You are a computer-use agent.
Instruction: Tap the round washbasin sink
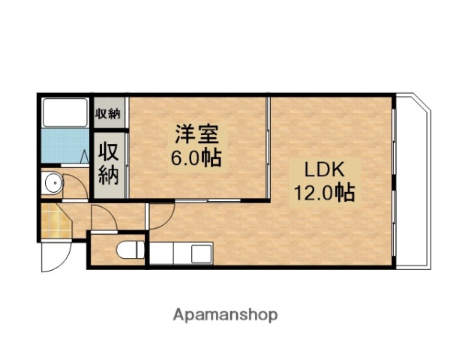53,183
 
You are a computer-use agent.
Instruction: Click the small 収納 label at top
108,113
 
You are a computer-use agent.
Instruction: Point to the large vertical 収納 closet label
109,164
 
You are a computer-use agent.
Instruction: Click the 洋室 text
197,136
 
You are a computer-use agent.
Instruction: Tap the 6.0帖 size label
197,158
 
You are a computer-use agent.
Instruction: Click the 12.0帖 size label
323,192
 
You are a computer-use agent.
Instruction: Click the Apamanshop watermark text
225,314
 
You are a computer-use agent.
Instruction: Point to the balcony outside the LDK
412,180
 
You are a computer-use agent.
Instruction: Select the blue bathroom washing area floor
64,148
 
